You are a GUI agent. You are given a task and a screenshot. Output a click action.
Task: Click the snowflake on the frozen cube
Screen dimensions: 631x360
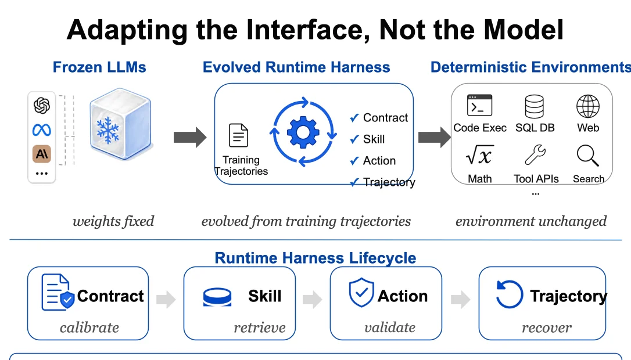coord(108,130)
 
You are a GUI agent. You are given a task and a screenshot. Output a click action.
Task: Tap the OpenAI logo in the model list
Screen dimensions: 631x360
coord(42,106)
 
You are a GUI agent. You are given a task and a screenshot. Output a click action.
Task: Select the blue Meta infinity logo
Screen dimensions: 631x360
coord(42,130)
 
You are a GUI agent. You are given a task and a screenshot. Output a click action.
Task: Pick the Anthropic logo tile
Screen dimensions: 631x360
coord(42,154)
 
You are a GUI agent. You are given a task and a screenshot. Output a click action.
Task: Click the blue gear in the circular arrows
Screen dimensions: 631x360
coord(303,132)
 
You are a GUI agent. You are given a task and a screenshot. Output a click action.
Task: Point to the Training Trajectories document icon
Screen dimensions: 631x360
coord(239,135)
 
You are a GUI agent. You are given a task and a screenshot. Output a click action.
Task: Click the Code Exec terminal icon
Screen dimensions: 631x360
coord(480,105)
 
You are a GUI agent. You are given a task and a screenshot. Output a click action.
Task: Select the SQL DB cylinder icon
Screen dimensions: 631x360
coord(535,106)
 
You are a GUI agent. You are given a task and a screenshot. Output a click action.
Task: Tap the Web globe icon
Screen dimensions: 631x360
coord(588,106)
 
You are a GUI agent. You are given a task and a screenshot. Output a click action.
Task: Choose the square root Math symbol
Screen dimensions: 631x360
coord(480,155)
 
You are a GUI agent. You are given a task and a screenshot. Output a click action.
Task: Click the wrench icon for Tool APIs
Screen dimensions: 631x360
coord(535,155)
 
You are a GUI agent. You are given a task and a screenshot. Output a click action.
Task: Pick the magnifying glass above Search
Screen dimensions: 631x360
coord(587,156)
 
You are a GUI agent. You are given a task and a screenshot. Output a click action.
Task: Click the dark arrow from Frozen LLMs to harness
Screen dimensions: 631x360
coord(190,138)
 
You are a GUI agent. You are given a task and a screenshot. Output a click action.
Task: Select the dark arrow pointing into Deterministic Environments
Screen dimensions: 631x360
coord(435,138)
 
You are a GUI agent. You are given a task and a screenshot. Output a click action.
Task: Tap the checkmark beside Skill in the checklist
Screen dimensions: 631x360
coord(354,139)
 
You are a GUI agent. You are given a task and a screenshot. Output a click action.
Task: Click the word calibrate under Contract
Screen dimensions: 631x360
coord(89,327)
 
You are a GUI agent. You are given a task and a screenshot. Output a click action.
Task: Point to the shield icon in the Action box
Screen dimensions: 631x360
coord(361,293)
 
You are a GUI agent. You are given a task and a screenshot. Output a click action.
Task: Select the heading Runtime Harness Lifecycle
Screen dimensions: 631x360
coord(315,258)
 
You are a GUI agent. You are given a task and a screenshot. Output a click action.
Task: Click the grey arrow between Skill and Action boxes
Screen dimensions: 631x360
coord(313,299)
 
